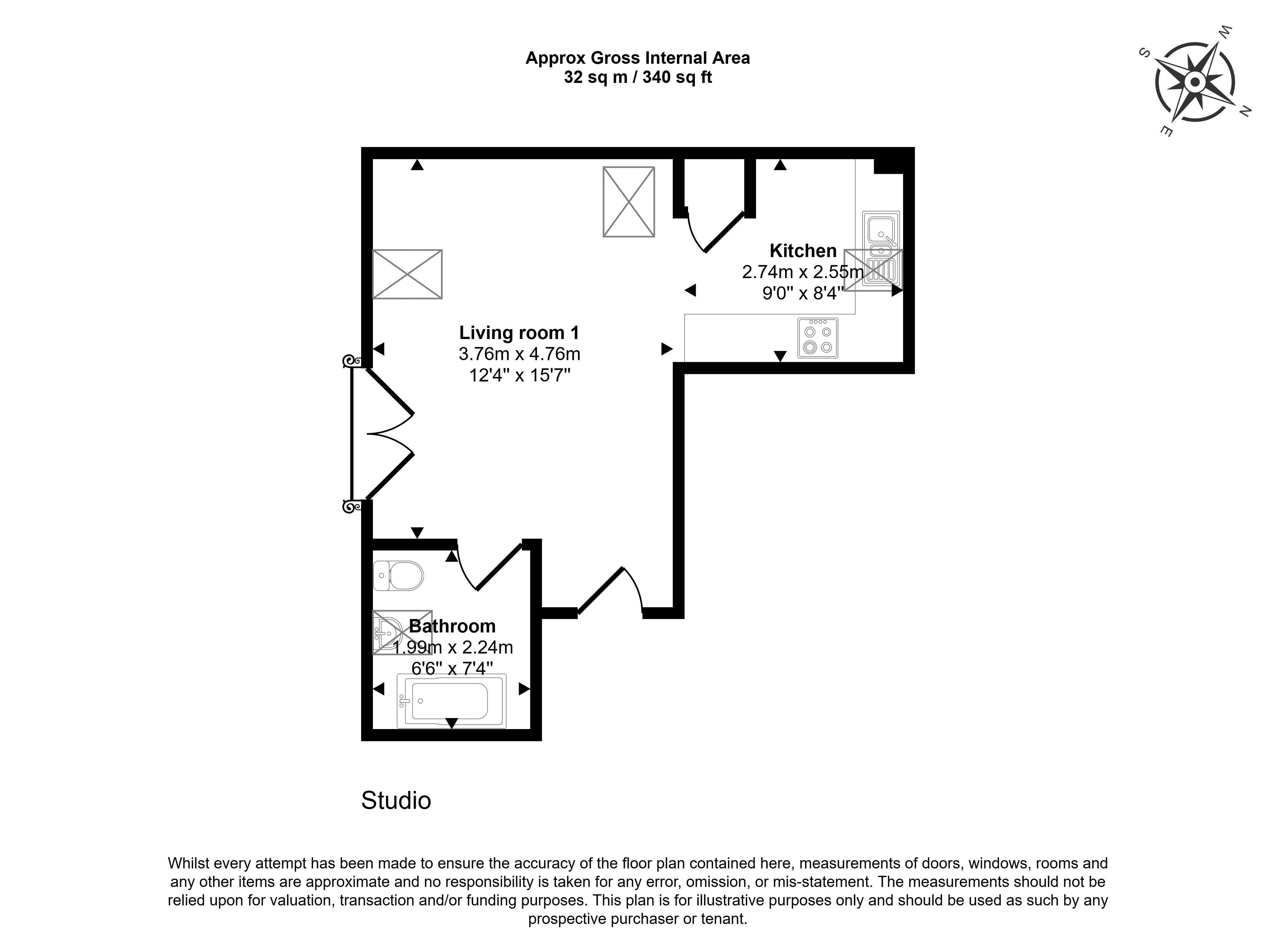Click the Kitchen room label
pos(803,251)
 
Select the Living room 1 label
pos(519,333)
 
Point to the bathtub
pos(451,701)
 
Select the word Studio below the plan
pos(396,801)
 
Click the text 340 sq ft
pos(677,77)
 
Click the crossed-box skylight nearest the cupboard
pos(629,202)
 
